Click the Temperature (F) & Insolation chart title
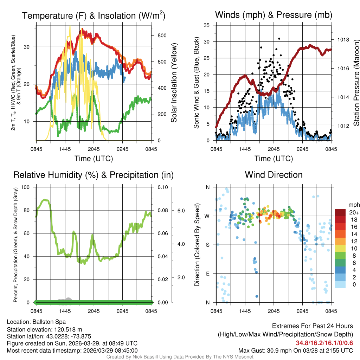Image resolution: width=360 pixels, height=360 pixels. [94, 16]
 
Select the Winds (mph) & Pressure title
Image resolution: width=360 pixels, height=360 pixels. [274, 15]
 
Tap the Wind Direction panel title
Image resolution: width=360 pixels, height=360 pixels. [274, 175]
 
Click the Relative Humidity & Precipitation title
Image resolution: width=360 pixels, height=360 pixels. [93, 175]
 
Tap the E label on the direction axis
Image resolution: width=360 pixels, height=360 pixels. [207, 274]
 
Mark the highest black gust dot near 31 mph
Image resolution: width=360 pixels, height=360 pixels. [279, 39]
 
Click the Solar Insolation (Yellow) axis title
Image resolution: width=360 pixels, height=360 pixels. [174, 83]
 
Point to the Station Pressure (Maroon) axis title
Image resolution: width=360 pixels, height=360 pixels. [356, 83]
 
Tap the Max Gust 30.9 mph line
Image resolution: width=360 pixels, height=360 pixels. [296, 350]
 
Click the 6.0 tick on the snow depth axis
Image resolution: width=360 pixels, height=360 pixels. [181, 210]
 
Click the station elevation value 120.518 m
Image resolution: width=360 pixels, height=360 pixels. [67, 329]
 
